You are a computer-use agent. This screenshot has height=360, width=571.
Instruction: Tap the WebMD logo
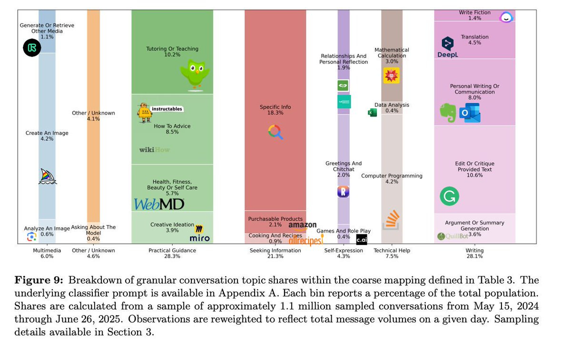coord(159,204)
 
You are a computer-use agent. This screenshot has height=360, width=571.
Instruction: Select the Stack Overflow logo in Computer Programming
coord(391,220)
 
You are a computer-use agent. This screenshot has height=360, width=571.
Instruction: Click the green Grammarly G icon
coord(449,196)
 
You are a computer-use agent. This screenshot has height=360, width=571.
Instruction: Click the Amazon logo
coord(302,225)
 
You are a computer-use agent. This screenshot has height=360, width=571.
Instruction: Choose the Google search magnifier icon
coord(276,132)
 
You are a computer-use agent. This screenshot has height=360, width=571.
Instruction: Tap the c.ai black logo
coord(362,239)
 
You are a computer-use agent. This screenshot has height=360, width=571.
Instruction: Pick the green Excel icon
coord(373,112)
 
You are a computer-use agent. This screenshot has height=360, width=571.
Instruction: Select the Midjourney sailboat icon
coord(48,176)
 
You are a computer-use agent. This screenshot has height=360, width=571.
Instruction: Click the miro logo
coord(199,234)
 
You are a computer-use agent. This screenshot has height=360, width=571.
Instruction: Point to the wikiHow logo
coord(154,150)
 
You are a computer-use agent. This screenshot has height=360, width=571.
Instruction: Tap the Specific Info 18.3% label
coord(275,110)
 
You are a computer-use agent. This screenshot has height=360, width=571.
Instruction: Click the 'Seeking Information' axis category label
coord(275,251)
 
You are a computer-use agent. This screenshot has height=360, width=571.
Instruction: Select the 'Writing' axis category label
coord(474,251)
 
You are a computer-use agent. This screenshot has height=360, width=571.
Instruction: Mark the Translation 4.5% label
coord(474,39)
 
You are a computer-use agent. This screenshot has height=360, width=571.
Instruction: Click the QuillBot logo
coord(453,236)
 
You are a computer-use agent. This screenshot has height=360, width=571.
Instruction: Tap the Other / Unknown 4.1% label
coord(93,116)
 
